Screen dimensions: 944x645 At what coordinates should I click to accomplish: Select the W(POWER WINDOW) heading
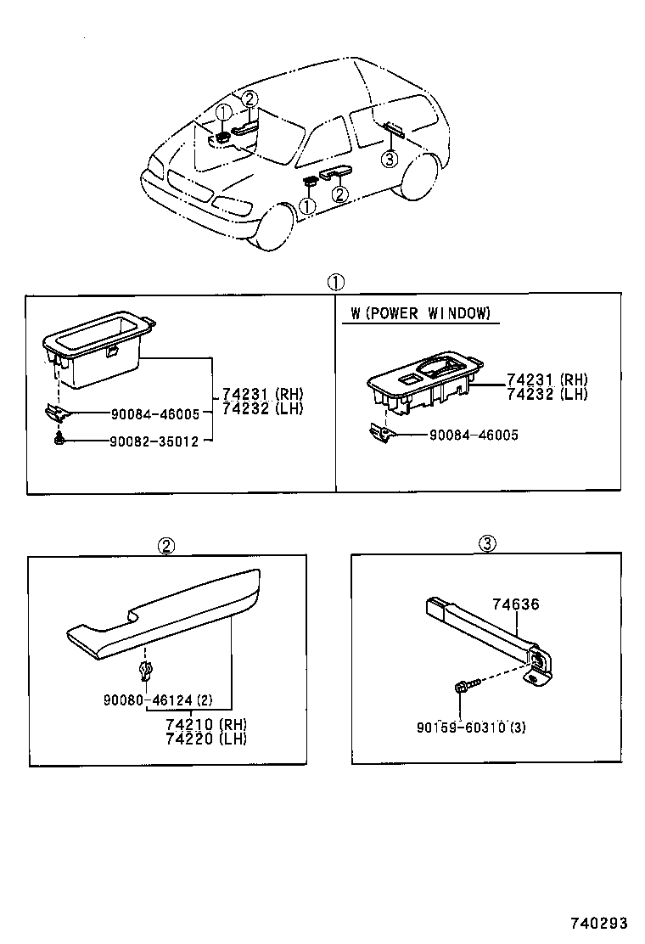(x=421, y=314)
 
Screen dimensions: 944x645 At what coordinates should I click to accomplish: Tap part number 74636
(x=515, y=605)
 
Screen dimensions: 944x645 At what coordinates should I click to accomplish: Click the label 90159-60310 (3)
(x=471, y=728)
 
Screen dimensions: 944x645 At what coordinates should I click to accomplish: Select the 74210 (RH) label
(x=205, y=724)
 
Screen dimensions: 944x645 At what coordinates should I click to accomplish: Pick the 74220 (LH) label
(x=205, y=739)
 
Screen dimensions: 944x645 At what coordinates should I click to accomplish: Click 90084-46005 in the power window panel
(x=474, y=435)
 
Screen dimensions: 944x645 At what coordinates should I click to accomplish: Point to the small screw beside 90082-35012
(x=59, y=441)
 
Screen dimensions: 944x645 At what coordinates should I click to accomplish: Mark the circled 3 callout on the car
(x=389, y=159)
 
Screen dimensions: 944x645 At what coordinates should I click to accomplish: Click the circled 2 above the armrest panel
(x=166, y=545)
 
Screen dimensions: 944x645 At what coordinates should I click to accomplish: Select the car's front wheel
(x=274, y=225)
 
